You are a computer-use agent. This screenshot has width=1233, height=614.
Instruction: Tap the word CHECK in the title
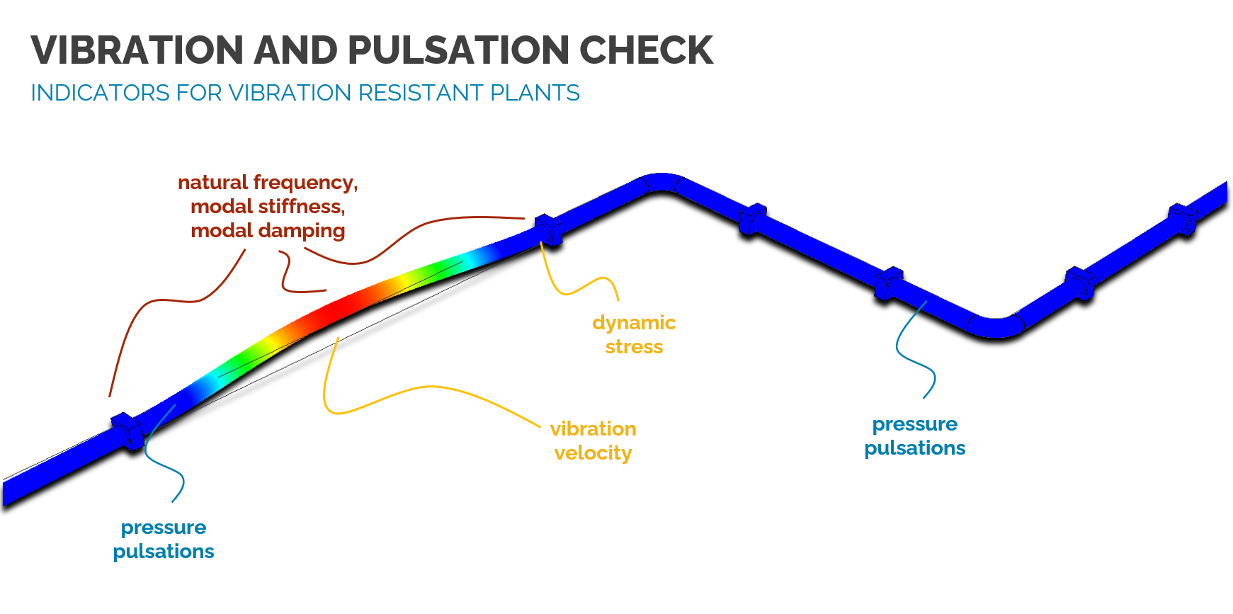[x=646, y=50]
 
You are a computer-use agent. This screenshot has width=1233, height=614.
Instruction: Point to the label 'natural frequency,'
[x=268, y=183]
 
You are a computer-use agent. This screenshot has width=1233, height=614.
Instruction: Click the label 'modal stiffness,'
[x=268, y=207]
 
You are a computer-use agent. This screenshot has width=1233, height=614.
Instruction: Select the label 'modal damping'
[x=268, y=231]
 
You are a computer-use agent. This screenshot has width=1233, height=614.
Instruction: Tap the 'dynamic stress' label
[x=634, y=335]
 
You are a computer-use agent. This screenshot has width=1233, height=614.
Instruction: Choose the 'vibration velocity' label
[x=593, y=440]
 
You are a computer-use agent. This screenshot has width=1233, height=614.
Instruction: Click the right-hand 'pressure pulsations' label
[x=914, y=436]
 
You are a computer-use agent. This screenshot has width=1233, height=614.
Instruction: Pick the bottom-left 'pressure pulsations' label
[x=164, y=540]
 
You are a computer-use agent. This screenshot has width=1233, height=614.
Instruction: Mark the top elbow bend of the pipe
[x=661, y=182]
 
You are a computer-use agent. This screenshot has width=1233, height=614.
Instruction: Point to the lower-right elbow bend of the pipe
[x=996, y=327]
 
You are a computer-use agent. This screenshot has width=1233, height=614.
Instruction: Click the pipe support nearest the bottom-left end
[x=128, y=429]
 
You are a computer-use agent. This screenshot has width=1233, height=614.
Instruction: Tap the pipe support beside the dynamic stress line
[x=548, y=229]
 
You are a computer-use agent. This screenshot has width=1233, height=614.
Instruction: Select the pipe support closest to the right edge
[x=1182, y=219]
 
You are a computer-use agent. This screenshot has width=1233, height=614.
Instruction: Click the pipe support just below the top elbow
[x=753, y=219]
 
